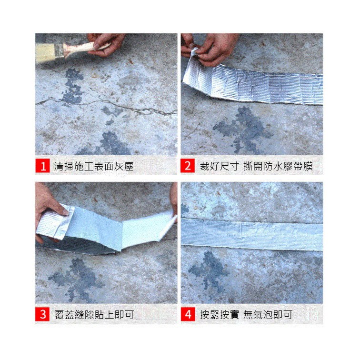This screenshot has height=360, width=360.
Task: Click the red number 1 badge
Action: click(x=42, y=166)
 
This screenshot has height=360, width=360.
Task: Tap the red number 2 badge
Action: click(x=188, y=166)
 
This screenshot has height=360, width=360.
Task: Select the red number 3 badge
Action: click(x=42, y=314)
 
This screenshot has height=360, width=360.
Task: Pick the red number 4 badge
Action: click(x=188, y=314)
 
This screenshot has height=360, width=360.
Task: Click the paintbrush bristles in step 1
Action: click(x=45, y=53)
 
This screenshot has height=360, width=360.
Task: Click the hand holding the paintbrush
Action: click(x=106, y=44)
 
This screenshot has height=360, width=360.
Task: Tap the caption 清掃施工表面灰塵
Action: click(x=94, y=166)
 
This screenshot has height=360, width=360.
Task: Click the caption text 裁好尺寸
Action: click(x=219, y=166)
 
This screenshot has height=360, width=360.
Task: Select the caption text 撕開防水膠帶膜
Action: click(x=278, y=166)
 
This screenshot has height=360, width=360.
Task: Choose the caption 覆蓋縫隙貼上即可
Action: click(x=94, y=315)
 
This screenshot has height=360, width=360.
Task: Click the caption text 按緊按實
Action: click(x=219, y=315)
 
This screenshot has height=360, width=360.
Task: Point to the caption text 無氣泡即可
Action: click(x=268, y=315)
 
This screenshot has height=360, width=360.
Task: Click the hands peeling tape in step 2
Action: click(x=209, y=48)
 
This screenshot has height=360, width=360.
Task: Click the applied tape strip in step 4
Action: click(x=252, y=234)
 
